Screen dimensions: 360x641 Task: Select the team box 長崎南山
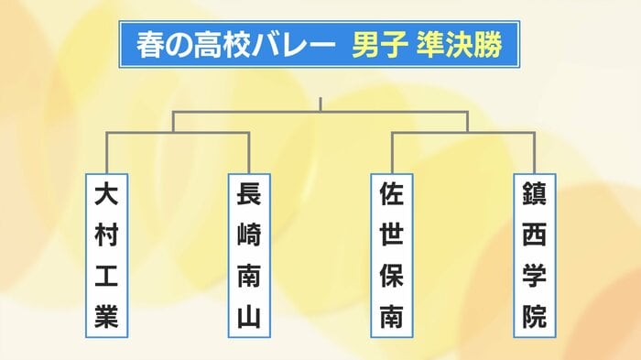pyautogui.click(x=249, y=255)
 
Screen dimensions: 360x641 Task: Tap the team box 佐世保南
pyautogui.click(x=392, y=255)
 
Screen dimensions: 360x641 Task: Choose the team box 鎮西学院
pyautogui.click(x=535, y=255)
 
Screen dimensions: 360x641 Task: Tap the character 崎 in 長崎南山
pyautogui.click(x=249, y=235)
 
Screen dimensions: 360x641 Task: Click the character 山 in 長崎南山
pyautogui.click(x=249, y=317)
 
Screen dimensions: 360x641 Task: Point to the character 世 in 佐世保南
pyautogui.click(x=392, y=235)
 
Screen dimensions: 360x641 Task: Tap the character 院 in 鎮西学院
pyautogui.click(x=535, y=317)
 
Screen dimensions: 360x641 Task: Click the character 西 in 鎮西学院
pyautogui.click(x=535, y=235)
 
